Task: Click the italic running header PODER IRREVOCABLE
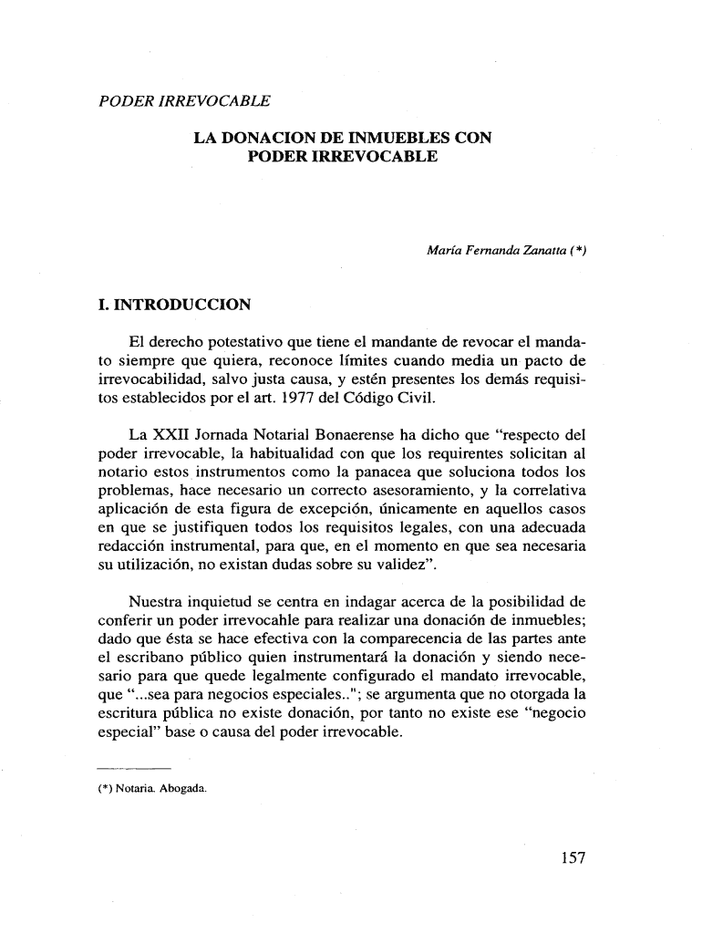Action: tap(185, 99)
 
